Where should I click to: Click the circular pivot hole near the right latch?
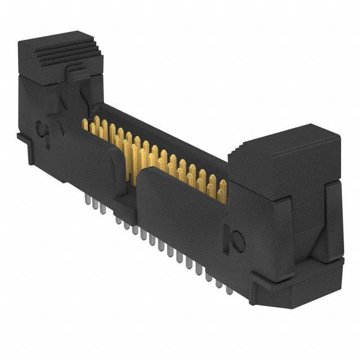238,242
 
